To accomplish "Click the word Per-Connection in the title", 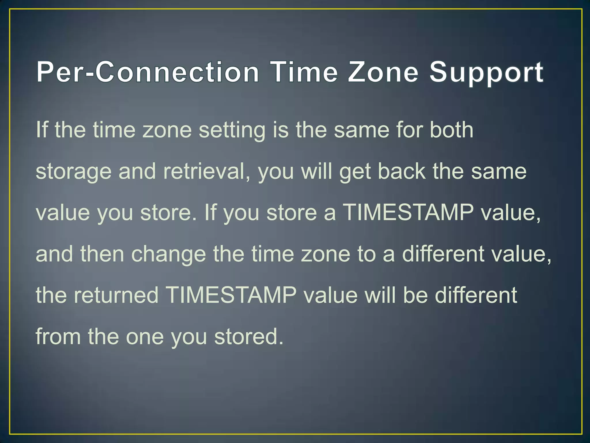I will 147,72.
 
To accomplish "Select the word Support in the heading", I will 486,72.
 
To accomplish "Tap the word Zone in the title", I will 383,72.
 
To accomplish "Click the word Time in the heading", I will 305,72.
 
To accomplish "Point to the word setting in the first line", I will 232,130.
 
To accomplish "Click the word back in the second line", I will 401,171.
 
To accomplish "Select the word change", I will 169,254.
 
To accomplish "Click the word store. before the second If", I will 169,213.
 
